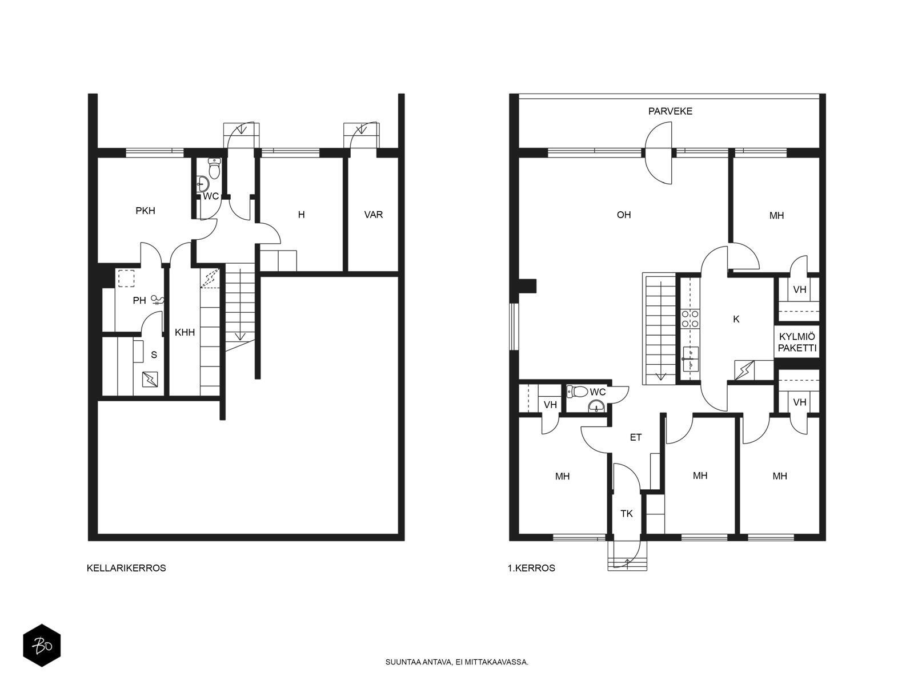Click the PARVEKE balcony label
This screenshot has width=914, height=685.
[670, 111]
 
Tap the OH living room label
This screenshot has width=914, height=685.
[623, 215]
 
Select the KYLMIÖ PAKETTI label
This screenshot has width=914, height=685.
[797, 342]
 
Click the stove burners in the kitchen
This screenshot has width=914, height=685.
[689, 319]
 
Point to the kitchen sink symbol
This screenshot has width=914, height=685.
[691, 359]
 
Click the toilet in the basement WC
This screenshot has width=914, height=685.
[214, 168]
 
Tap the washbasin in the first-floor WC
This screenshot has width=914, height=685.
[596, 406]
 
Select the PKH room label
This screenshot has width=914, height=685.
[145, 211]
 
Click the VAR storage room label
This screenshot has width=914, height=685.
[373, 215]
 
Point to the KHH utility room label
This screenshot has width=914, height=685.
[185, 332]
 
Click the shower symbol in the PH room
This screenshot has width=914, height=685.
[158, 300]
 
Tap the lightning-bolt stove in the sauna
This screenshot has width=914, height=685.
[150, 379]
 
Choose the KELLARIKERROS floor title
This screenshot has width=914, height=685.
[126, 568]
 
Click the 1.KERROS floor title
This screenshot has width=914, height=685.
[531, 568]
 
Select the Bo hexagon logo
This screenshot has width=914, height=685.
[42, 646]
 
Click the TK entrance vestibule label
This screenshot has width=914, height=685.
[626, 514]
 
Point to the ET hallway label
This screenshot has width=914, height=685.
[635, 437]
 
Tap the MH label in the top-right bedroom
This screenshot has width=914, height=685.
[776, 215]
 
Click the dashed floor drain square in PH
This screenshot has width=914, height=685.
[126, 278]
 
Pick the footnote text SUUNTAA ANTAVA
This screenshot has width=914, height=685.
[419, 662]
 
